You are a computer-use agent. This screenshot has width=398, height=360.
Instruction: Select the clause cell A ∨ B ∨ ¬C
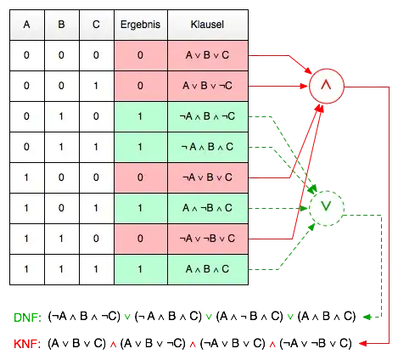click(x=208, y=86)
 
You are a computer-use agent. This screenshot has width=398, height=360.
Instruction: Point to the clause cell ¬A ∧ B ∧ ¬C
click(x=208, y=116)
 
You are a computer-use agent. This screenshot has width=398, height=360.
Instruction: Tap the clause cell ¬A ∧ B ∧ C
click(x=208, y=147)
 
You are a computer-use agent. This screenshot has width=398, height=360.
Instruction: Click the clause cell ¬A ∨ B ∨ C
click(x=208, y=177)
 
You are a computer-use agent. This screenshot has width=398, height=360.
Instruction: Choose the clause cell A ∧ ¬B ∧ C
click(x=208, y=208)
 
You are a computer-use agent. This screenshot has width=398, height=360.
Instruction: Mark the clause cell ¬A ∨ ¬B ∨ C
click(x=208, y=239)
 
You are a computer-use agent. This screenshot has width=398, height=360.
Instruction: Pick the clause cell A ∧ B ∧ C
click(x=208, y=269)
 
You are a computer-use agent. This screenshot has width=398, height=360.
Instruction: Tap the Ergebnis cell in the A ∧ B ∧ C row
click(x=141, y=269)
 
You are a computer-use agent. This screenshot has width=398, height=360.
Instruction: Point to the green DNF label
click(x=26, y=318)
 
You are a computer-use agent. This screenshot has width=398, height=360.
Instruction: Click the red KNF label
click(x=26, y=344)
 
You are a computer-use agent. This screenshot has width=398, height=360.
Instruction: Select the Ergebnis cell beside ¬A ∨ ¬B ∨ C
click(x=141, y=239)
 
